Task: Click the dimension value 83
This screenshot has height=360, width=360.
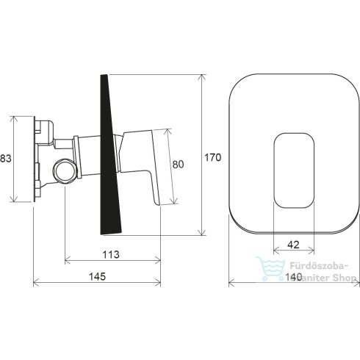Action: click(x=6, y=159)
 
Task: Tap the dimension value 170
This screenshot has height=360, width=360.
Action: click(x=212, y=157)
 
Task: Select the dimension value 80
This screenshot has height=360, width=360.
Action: click(x=178, y=165)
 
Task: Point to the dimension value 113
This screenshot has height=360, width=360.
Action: click(x=111, y=255)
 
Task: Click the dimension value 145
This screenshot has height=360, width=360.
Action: click(x=97, y=276)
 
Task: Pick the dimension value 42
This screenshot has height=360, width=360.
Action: click(x=293, y=245)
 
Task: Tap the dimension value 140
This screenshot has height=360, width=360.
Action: click(x=294, y=277)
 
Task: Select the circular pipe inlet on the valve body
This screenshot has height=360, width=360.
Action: click(x=65, y=171)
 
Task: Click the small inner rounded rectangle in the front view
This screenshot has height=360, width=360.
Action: click(x=294, y=170)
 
